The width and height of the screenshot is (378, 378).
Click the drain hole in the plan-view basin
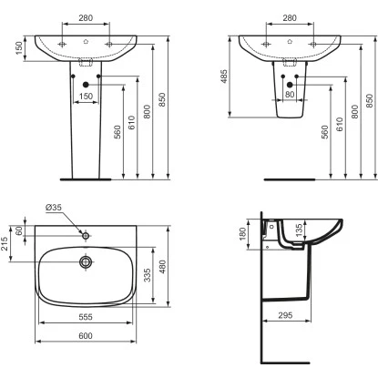pyautogui.click(x=86, y=261)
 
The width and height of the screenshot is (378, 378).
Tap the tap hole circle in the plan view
pyautogui.click(x=86, y=236)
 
